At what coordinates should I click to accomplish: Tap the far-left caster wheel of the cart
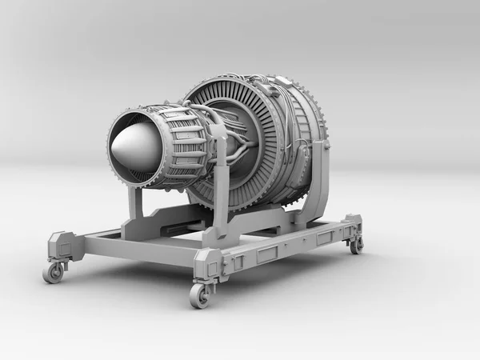(54, 272)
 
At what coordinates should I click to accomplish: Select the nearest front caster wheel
(199, 295)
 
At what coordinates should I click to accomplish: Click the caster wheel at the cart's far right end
(356, 245)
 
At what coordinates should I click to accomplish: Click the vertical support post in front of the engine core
(220, 192)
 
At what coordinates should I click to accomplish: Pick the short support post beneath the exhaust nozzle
(135, 205)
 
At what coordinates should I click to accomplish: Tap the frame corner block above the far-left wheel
(61, 243)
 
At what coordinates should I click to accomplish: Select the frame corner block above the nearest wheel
(206, 263)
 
